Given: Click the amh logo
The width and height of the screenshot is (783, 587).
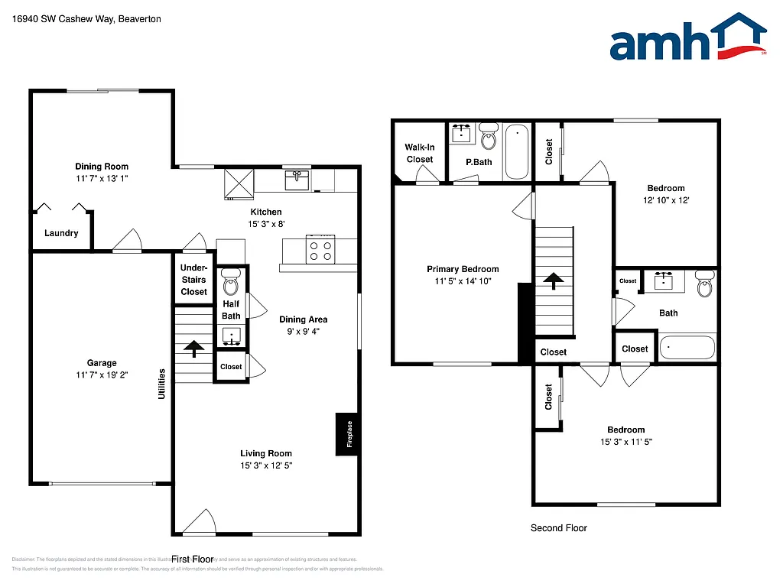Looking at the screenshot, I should (687, 37).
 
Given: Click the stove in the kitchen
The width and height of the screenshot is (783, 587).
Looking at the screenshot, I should (319, 251).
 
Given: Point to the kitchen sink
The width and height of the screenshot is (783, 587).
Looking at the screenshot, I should (297, 180).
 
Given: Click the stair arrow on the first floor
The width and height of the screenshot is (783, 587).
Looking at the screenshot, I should (194, 349).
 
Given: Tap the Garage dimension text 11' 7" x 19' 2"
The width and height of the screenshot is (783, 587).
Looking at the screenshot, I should (102, 375).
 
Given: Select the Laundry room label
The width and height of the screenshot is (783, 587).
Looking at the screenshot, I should (61, 233).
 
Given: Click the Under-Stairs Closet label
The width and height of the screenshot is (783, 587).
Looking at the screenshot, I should (194, 280).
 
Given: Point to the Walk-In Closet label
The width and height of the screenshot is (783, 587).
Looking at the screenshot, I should (419, 154).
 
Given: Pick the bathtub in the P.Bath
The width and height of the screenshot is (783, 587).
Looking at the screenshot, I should (518, 151).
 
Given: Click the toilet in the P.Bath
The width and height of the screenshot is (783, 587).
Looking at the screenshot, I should (489, 138).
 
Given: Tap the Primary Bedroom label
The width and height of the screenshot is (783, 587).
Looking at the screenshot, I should (463, 269).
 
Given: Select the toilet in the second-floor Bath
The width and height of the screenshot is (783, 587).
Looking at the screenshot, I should (704, 286).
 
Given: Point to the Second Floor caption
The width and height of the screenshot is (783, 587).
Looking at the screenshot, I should (559, 528).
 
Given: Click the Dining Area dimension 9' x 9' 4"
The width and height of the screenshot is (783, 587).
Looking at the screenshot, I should (304, 332).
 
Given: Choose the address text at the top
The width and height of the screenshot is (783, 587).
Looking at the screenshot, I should (86, 19).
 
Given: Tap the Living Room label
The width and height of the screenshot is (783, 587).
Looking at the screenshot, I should (266, 453).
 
